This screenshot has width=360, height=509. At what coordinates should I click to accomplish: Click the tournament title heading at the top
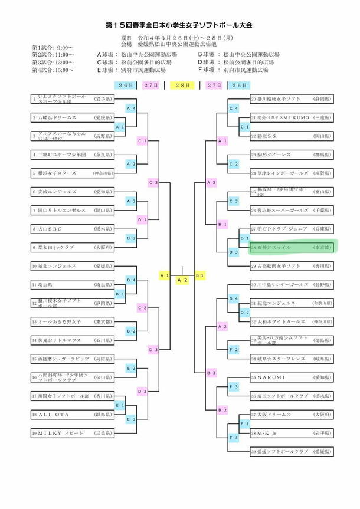179,26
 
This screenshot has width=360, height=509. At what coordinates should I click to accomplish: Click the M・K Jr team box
292,432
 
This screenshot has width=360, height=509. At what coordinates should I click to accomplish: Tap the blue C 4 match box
233,109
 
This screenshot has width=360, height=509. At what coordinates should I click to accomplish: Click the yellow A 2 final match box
182,280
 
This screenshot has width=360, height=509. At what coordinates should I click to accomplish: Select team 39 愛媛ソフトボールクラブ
292,451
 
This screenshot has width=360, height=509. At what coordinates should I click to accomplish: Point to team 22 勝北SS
292,136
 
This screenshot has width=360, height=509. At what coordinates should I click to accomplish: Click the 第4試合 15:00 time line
54,70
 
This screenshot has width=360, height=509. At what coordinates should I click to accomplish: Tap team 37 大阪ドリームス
292,414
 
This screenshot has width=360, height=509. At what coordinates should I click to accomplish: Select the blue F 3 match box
233,386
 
